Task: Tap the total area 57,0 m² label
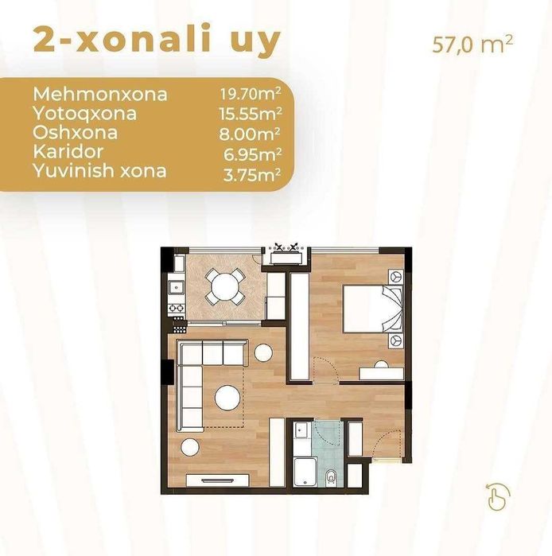(472, 45)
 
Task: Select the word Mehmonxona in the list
(100, 95)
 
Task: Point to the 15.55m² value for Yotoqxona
(251, 114)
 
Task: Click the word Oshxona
(75, 133)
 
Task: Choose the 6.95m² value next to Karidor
(252, 154)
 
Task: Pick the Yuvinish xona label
(99, 171)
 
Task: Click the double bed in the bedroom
(372, 309)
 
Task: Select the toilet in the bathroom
(331, 477)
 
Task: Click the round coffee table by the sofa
(228, 399)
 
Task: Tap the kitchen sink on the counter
(176, 288)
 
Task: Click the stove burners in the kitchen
(177, 308)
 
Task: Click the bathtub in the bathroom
(304, 472)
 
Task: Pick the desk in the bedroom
(381, 374)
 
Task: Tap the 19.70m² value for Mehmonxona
(251, 95)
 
